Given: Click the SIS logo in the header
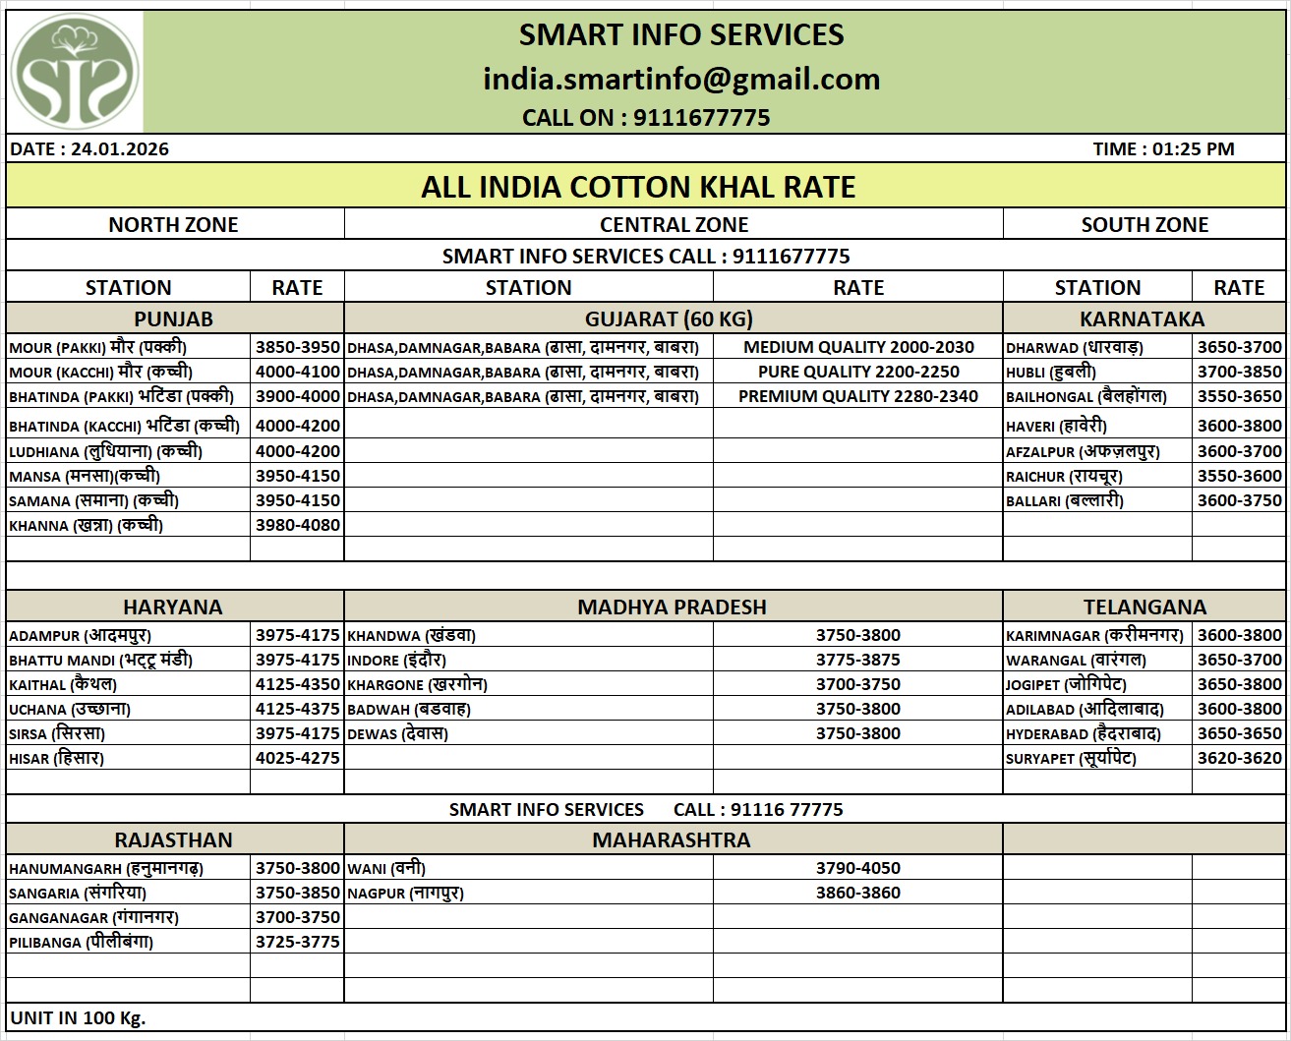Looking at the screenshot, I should [75, 73].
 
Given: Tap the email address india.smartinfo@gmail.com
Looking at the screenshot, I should [680, 79].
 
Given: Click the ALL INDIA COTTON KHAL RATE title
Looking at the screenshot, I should [638, 187].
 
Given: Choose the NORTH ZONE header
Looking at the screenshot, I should [173, 224].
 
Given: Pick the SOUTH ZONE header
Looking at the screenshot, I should [1144, 224].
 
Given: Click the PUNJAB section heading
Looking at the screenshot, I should [173, 318].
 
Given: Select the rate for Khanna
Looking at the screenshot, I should [297, 525].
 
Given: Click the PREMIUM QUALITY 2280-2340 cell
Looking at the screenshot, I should [857, 396].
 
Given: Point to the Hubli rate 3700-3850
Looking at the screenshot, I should [1239, 372].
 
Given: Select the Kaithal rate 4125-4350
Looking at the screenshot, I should [297, 684].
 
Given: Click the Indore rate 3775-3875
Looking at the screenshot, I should [857, 660].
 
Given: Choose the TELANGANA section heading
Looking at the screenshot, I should [1144, 607].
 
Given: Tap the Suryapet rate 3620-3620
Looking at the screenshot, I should [1239, 758].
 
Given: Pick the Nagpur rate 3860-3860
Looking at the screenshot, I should [857, 893].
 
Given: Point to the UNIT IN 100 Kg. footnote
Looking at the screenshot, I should [78, 1017].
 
